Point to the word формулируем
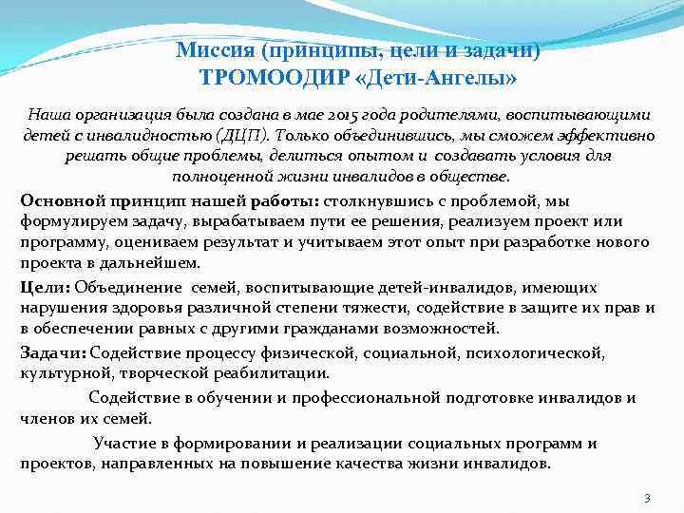68,222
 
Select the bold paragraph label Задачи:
50,353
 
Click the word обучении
228,397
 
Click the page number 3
646,498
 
